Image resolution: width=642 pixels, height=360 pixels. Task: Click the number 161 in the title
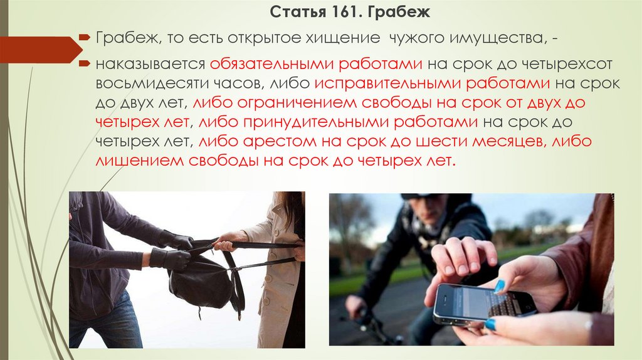(x=345, y=12)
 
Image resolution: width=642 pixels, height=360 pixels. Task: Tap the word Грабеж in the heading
(x=398, y=13)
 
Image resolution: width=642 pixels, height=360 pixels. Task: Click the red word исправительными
(x=387, y=83)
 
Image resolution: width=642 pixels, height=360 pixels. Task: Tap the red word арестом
(x=280, y=141)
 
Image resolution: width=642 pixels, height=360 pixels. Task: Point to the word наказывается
(x=150, y=65)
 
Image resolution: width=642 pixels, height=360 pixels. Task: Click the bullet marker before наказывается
(x=84, y=63)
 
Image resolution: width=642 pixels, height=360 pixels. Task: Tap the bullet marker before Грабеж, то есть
(x=84, y=37)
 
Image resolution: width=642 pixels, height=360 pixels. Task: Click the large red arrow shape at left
(x=41, y=50)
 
